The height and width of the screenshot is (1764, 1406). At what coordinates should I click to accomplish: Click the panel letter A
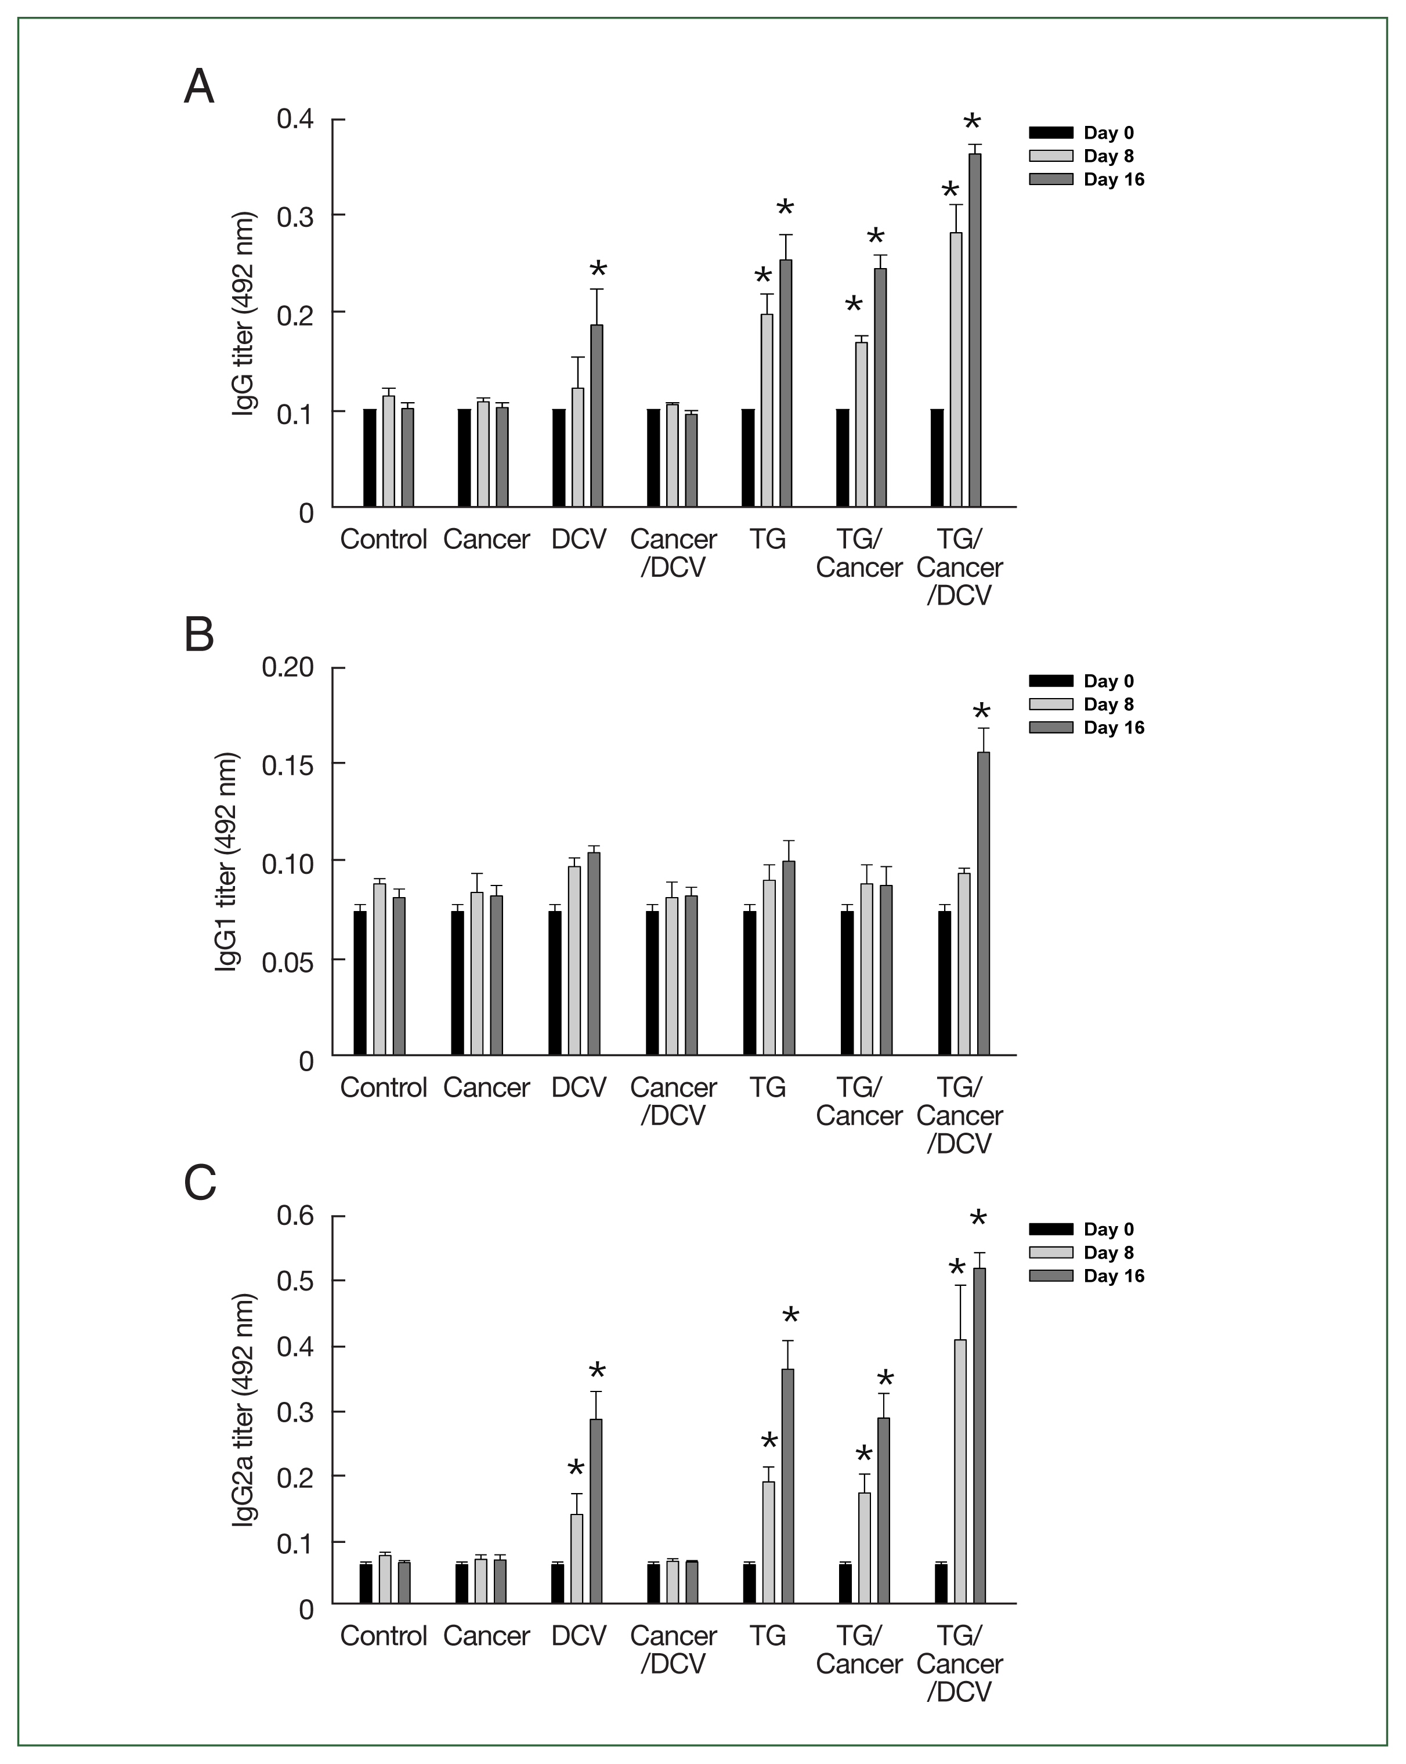[199, 86]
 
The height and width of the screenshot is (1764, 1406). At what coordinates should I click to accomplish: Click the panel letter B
[199, 635]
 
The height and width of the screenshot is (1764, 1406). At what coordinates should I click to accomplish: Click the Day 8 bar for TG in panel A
[767, 410]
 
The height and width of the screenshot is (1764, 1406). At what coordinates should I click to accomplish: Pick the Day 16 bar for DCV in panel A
[597, 415]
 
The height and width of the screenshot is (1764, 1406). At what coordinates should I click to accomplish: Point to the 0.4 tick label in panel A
[295, 120]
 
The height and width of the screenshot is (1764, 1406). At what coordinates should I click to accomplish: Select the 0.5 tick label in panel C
[295, 1281]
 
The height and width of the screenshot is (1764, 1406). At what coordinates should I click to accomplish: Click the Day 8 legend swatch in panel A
[1051, 156]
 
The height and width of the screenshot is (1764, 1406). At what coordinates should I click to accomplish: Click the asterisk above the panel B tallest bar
[981, 712]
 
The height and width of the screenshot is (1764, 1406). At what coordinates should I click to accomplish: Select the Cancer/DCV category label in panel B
[673, 1101]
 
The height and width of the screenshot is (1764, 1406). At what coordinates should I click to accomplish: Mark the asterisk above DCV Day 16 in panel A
[598, 270]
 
